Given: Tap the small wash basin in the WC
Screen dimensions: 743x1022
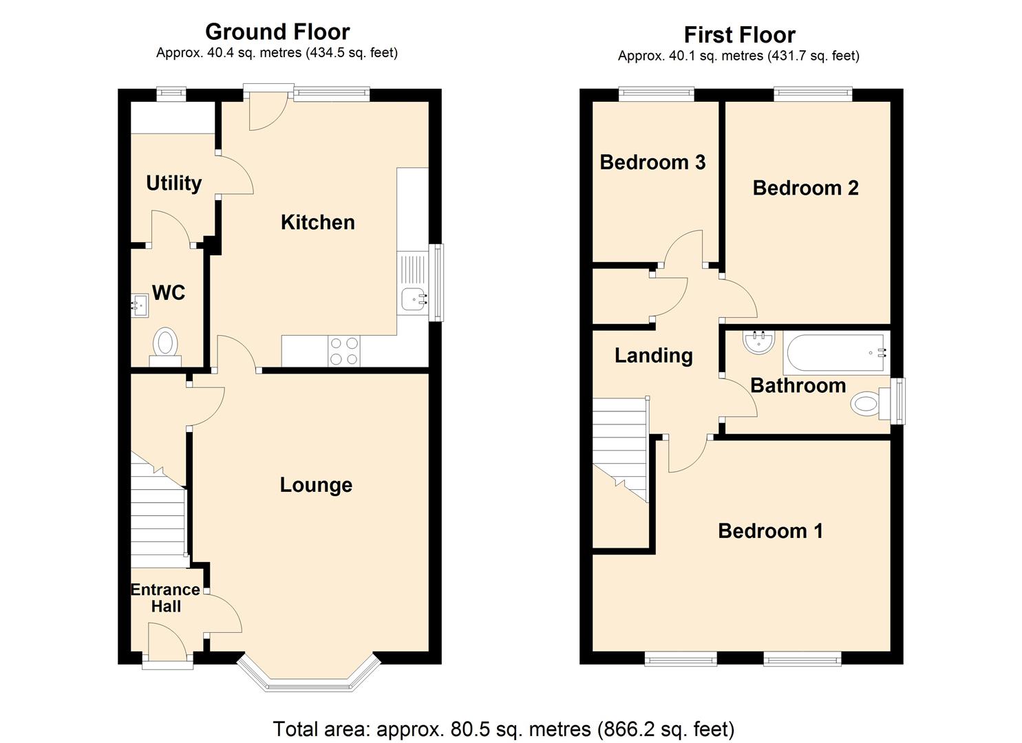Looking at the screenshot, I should (140, 304).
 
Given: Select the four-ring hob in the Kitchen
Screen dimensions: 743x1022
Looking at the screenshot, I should (343, 351).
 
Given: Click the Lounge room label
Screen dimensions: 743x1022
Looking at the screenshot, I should (316, 485).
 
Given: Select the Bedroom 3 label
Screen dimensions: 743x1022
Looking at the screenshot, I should (652, 162).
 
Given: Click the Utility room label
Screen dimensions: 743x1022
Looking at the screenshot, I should (173, 183).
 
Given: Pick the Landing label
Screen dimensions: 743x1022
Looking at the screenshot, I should (653, 356).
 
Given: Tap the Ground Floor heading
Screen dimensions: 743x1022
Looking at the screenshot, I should (277, 32).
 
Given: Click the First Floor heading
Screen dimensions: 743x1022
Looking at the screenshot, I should (739, 34).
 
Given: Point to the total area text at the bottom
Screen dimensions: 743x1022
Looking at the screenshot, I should (503, 729).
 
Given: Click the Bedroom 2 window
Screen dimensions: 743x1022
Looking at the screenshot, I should (813, 94).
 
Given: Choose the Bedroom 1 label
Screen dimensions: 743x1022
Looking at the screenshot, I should (769, 531).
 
